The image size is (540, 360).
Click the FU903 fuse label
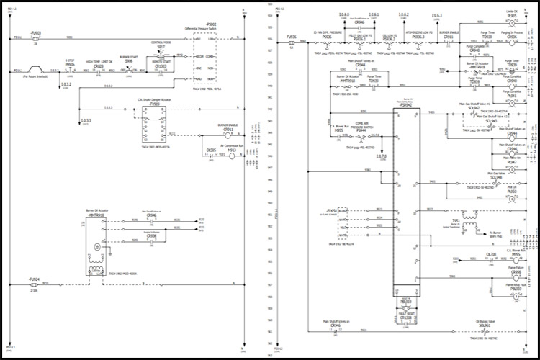tap(36, 33)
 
